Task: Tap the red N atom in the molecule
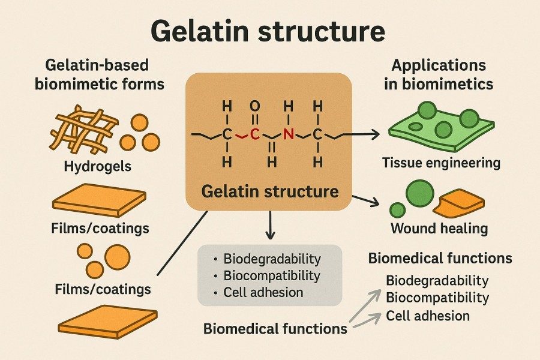pyautogui.click(x=289, y=134)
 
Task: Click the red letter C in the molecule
pyautogui.click(x=254, y=134)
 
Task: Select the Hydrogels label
pyautogui.click(x=97, y=166)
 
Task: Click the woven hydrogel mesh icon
pyautogui.click(x=83, y=130)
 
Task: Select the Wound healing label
pyautogui.click(x=439, y=229)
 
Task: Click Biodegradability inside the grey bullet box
pyautogui.click(x=272, y=260)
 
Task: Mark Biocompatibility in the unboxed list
pyautogui.click(x=437, y=298)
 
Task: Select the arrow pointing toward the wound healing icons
pyautogui.click(x=367, y=202)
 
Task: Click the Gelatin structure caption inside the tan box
pyautogui.click(x=269, y=193)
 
